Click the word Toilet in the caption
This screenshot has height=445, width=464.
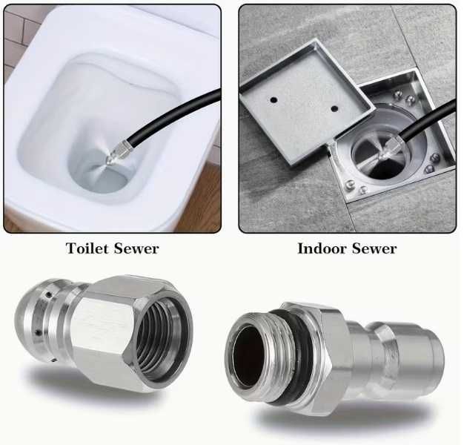tap(87, 248)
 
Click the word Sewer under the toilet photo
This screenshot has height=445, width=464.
tap(136, 248)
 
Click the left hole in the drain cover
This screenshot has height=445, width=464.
tap(274, 99)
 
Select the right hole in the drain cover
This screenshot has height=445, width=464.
tap(334, 109)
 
